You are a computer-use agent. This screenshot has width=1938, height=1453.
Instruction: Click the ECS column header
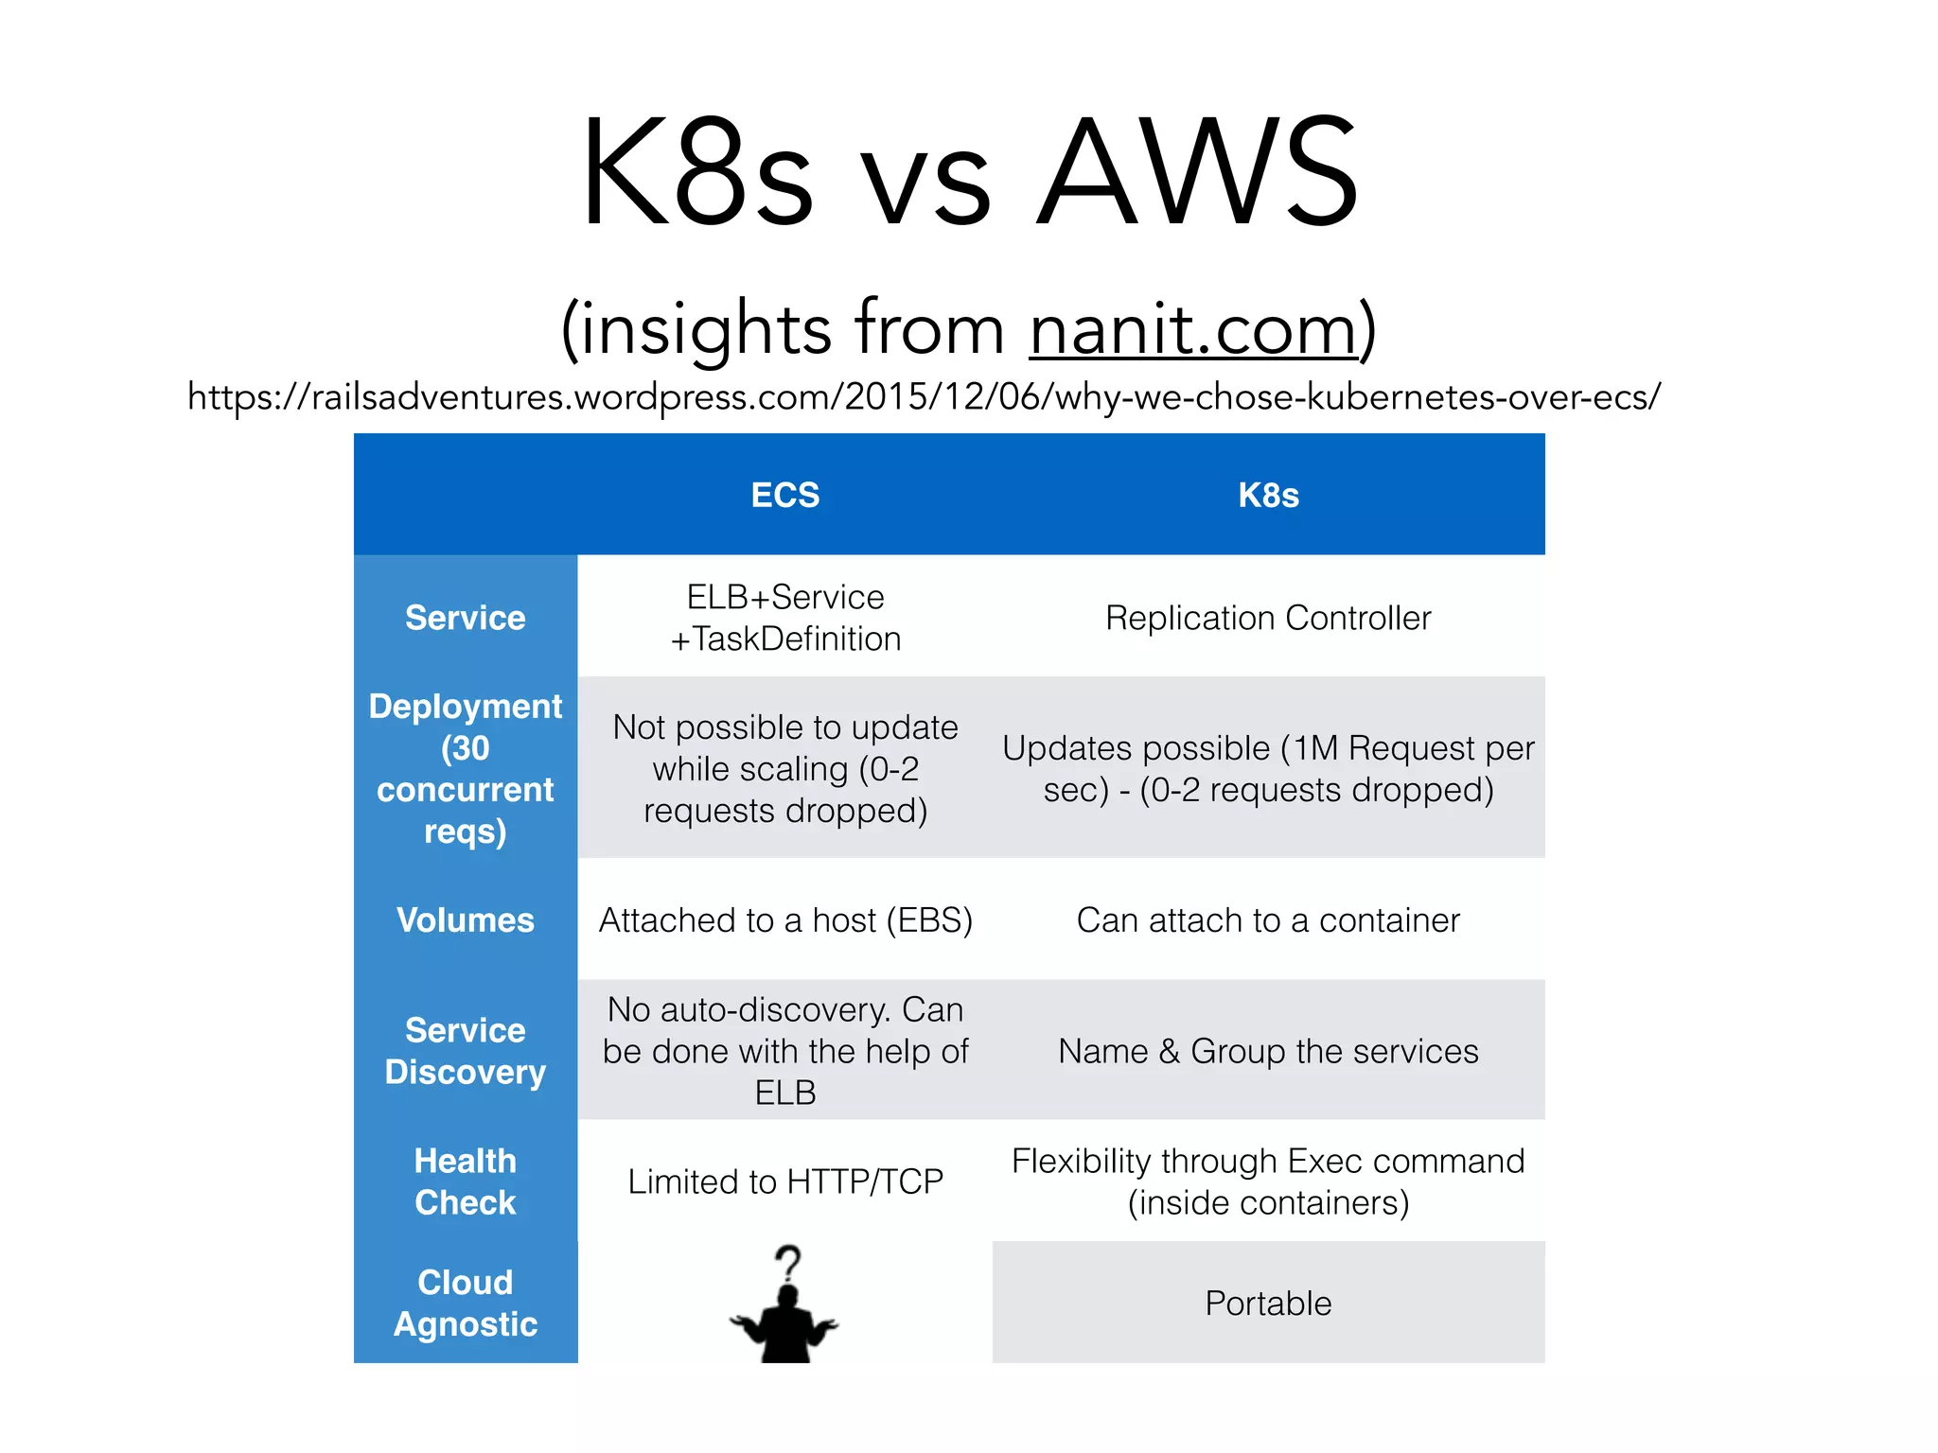pos(784,495)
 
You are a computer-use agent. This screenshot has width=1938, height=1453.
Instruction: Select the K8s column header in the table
pos(1268,495)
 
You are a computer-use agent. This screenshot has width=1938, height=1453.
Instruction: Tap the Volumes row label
pos(465,919)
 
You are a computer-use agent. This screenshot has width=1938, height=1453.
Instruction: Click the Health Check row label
pos(465,1182)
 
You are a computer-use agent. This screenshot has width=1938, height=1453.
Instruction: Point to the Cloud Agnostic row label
pos(465,1303)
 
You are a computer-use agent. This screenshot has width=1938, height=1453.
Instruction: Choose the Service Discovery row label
pos(465,1051)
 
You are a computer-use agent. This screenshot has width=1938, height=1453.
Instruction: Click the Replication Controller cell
pos(1268,618)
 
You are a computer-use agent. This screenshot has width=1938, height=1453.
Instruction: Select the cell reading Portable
pos(1268,1303)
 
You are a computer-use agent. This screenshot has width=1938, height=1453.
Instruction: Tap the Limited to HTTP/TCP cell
pos(784,1182)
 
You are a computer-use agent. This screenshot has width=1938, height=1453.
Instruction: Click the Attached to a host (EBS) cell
pos(784,919)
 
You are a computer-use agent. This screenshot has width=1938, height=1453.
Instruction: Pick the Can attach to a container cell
pos(1268,919)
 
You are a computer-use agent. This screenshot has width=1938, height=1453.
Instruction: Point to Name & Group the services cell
pos(1268,1051)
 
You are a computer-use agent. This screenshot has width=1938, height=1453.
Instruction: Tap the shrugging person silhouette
pos(784,1324)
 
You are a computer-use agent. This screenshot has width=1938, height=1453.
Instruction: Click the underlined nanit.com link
pos(1194,329)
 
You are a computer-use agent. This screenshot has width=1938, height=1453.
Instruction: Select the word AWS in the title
pos(1197,172)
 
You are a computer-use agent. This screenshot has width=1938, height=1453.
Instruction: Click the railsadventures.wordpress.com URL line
pos(924,396)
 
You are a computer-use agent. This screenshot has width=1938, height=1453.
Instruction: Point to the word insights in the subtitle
pos(706,329)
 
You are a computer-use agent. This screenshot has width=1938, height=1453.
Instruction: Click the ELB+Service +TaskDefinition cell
pos(784,618)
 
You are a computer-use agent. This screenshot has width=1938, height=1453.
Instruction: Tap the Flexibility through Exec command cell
pos(1268,1182)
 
